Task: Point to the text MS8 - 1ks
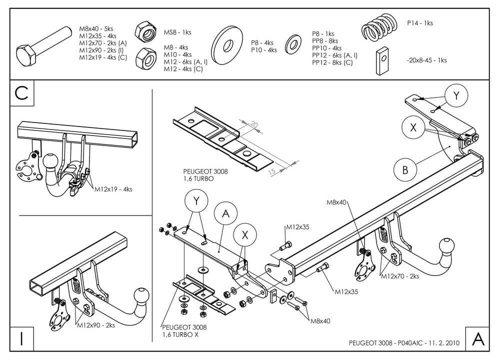pos(178,32)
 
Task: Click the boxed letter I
pos(21,338)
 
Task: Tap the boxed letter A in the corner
pos(478,339)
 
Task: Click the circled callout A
pos(226,214)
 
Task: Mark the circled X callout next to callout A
pos(243,234)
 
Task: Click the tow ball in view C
pos(50,161)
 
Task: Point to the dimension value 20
pos(253,124)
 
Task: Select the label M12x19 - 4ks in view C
pos(114,189)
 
